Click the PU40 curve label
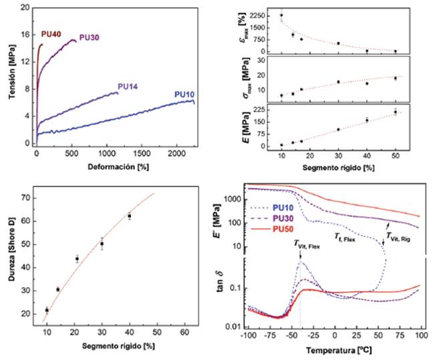(51, 34)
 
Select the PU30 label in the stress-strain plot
(90, 37)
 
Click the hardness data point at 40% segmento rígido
(129, 216)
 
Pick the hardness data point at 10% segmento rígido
(47, 310)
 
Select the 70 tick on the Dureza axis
(26, 198)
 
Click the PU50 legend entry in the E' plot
(267, 230)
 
